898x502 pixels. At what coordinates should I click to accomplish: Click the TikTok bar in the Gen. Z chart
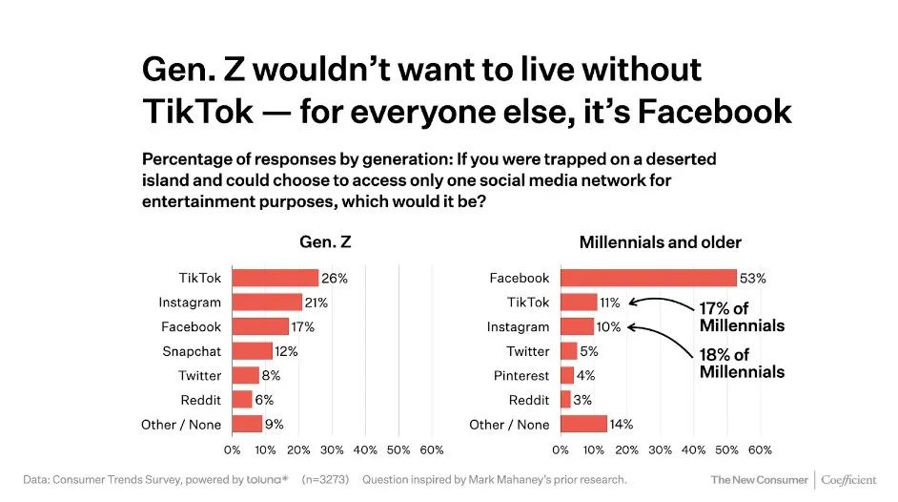[x=276, y=278]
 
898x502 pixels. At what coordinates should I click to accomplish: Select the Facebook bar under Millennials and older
[x=648, y=278]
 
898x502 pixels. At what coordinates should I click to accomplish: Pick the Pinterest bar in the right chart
[x=567, y=376]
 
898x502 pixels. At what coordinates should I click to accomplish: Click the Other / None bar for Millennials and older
[x=583, y=425]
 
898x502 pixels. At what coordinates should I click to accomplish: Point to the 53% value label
[x=753, y=279]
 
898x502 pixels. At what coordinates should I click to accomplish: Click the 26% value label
[x=335, y=279]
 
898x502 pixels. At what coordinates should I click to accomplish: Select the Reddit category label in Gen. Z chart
[x=200, y=400]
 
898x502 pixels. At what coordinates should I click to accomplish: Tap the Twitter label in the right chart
[x=528, y=351]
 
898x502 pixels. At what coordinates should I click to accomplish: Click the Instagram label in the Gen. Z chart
[x=190, y=303]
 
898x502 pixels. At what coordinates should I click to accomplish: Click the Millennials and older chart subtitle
[x=661, y=242]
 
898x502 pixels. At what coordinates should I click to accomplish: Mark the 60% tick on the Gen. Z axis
[x=432, y=450]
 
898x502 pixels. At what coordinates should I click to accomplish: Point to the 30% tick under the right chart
[x=661, y=450]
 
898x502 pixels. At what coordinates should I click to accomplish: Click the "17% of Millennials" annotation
[x=742, y=318]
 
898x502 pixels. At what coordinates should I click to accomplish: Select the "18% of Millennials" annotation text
[x=742, y=363]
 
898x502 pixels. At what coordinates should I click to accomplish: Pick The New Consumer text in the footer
[x=759, y=479]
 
